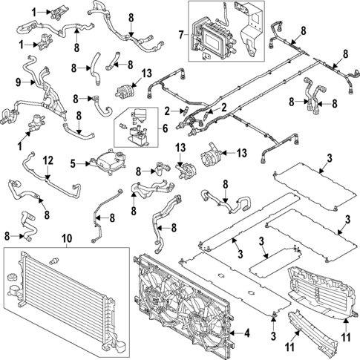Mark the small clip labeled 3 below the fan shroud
click(273, 319)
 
